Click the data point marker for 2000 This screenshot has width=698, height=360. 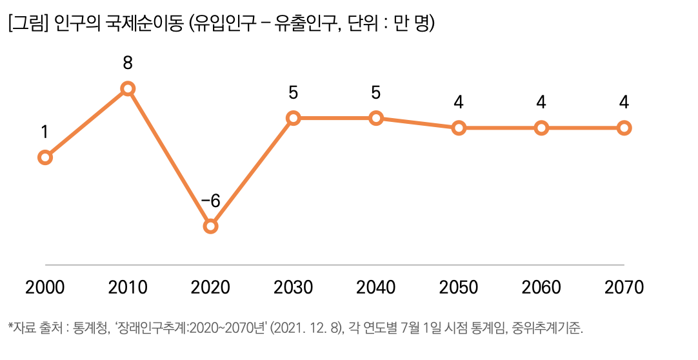coord(45,157)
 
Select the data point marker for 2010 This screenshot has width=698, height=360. coord(128,88)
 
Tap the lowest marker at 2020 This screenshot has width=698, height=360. coord(210,226)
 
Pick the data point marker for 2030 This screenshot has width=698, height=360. coord(293,118)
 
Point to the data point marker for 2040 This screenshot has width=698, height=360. coord(376,118)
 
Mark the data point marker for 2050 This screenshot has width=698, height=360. coord(459,128)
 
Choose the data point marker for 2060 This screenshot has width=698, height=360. coord(541,128)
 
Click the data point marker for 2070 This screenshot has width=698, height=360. coord(624,128)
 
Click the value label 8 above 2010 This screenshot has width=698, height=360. coord(128,63)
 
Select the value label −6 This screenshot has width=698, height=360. coord(210,201)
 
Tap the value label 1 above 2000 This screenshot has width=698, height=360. coord(45,132)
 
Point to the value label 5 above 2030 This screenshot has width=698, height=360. coord(293,93)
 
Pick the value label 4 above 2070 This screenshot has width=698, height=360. coord(624,103)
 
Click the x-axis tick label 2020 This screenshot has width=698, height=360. coord(210,288)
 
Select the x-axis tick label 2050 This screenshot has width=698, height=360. coord(459,288)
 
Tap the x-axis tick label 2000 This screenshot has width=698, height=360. coord(45,288)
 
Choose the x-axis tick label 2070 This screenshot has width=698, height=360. coord(624,288)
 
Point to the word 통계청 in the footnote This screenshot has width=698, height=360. coord(92,328)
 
